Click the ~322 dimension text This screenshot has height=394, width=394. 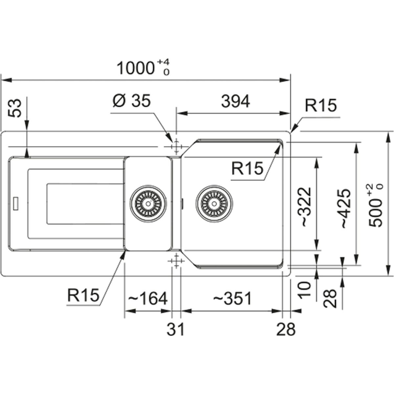click(x=305, y=207)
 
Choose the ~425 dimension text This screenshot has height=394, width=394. click(x=346, y=208)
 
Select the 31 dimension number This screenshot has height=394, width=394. click(x=176, y=329)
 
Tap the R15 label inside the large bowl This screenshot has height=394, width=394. click(x=247, y=169)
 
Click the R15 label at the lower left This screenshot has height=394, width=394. click(x=83, y=295)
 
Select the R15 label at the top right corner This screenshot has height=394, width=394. click(x=320, y=106)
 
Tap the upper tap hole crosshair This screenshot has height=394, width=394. click(x=176, y=146)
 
